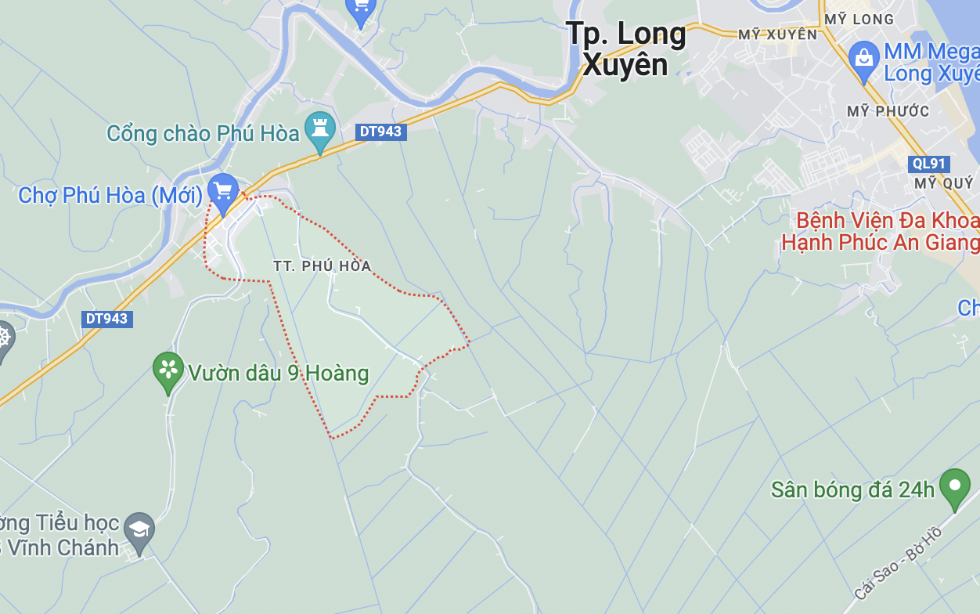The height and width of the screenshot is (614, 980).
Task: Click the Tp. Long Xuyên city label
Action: tap(625, 49)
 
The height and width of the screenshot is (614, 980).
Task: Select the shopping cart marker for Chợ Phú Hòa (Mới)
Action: tap(223, 190)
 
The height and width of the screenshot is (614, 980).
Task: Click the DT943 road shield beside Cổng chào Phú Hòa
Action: tap(380, 132)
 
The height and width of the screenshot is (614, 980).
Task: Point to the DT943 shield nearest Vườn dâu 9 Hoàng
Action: tap(106, 319)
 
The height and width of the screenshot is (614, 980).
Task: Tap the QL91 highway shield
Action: tap(929, 164)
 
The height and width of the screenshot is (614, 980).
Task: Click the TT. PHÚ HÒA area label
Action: tap(322, 266)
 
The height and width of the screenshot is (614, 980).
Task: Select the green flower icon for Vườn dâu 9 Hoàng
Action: tap(168, 370)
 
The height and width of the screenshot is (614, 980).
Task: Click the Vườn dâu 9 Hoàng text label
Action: tap(278, 373)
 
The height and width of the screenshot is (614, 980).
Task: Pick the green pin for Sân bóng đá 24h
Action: tap(954, 486)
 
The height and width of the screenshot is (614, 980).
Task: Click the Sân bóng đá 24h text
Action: tap(852, 490)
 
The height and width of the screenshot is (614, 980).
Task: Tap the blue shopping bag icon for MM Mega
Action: tap(864, 59)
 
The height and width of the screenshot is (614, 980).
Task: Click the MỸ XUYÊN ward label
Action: tap(777, 34)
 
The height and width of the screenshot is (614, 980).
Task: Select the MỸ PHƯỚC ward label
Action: tap(888, 111)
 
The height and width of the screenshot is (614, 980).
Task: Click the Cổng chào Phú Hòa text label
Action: tap(203, 133)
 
